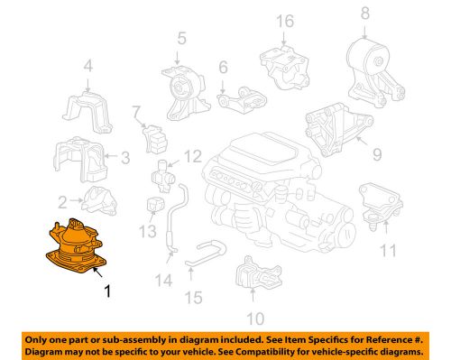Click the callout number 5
point(181,38)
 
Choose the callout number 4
point(87,65)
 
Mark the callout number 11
point(388,249)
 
